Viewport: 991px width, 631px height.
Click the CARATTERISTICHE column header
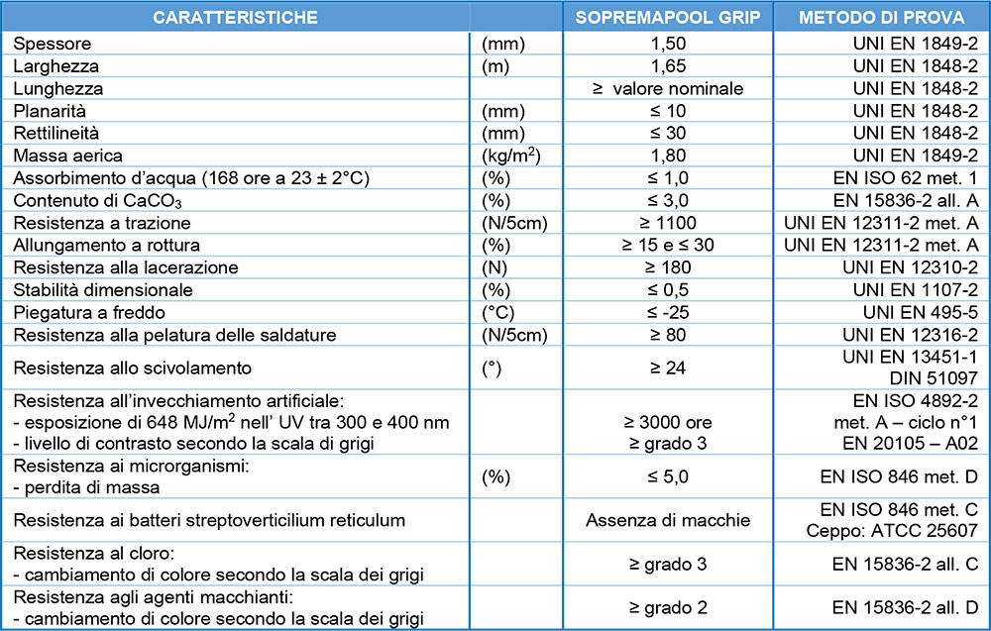point(236,17)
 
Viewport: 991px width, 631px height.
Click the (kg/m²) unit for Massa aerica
point(509,156)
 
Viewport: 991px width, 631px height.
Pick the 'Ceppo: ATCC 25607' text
point(913,530)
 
